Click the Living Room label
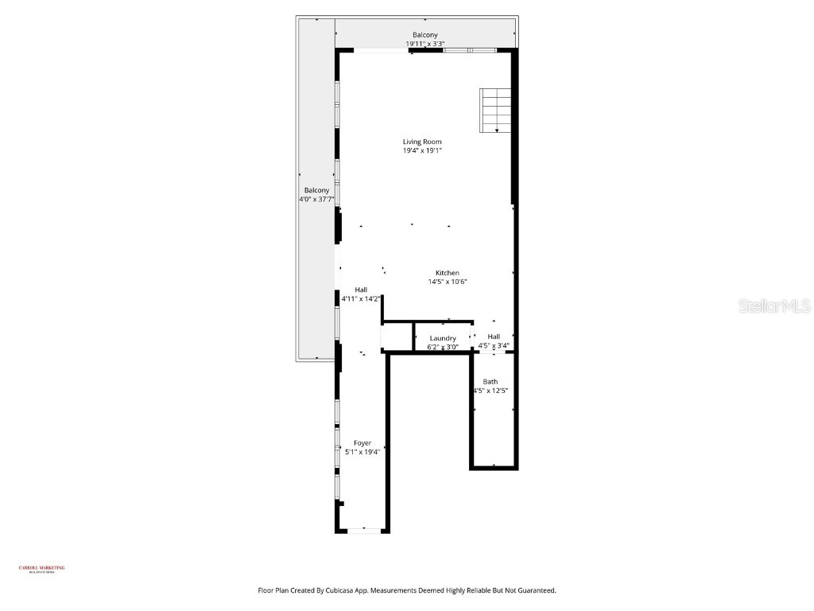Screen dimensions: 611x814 (421, 142)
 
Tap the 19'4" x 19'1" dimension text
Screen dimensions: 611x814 (421, 150)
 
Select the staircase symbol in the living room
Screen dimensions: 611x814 (494, 111)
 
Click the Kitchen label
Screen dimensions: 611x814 (447, 273)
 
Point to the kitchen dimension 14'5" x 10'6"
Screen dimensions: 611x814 (447, 282)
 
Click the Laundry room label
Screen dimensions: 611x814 (442, 338)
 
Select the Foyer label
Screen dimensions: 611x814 (362, 443)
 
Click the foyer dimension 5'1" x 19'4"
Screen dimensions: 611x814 (362, 452)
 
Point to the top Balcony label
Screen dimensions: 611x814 (424, 35)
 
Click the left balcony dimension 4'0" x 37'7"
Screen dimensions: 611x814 (316, 200)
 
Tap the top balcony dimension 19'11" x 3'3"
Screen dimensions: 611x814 (424, 44)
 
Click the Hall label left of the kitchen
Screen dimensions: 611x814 (361, 290)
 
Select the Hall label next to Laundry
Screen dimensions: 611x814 (494, 337)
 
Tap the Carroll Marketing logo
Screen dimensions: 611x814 (41, 568)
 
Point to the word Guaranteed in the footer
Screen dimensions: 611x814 (533, 590)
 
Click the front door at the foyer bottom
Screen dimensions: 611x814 (364, 530)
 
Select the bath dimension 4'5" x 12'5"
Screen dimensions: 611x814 (490, 391)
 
